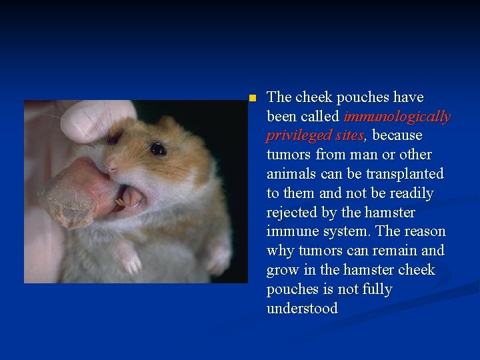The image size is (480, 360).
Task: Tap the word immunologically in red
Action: pyautogui.click(x=397, y=117)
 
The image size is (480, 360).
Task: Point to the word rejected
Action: pyautogui.click(x=293, y=213)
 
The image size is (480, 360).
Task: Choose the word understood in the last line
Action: pyautogui.click(x=302, y=309)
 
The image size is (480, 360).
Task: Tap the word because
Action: pyautogui.click(x=397, y=136)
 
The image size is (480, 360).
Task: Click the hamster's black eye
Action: pyautogui.click(x=158, y=149)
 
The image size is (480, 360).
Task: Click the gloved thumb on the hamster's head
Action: pyautogui.click(x=97, y=120)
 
